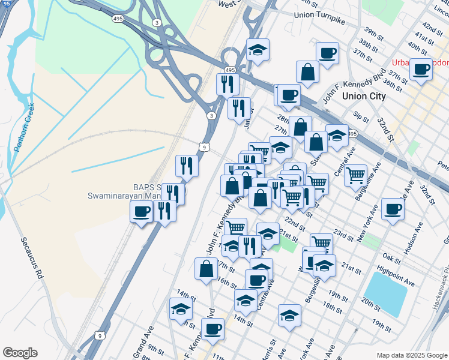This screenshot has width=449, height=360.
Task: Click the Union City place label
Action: (x=363, y=95)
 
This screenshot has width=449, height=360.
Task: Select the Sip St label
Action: (x=361, y=115)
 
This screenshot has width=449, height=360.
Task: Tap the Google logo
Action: (x=20, y=353)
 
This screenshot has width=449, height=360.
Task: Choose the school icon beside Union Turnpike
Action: (x=258, y=50)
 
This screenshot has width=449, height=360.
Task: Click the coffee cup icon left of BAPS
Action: (x=142, y=211)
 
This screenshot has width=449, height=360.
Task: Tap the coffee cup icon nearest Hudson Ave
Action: (x=393, y=209)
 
